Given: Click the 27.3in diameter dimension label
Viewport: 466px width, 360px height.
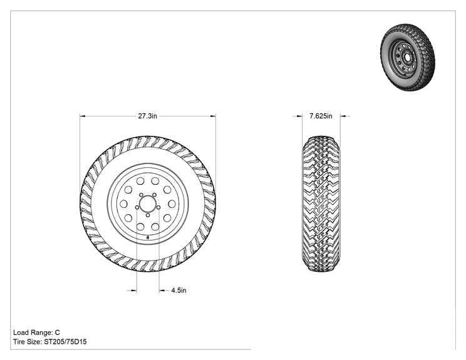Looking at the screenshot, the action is [147, 116].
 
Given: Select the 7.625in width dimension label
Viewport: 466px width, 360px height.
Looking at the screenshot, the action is [321, 116].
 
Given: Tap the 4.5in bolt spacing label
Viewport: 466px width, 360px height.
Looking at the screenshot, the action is [179, 291].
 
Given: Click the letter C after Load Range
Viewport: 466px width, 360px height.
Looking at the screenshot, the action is [58, 332].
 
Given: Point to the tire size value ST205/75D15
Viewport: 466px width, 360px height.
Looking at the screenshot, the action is [65, 342].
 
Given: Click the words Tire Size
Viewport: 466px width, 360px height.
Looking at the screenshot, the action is [26, 342].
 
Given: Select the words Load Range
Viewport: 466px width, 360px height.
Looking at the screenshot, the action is [32, 332].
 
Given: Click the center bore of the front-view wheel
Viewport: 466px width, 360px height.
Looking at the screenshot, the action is [148, 203].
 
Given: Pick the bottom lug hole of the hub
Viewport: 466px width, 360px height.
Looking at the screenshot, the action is [148, 215].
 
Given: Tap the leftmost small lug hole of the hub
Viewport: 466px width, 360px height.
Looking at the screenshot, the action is [137, 207].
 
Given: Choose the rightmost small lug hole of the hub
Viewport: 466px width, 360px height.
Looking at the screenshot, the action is [158, 207].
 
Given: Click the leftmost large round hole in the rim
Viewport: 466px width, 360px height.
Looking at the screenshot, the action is [123, 203].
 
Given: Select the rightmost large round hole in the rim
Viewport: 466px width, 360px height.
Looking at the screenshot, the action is [172, 203].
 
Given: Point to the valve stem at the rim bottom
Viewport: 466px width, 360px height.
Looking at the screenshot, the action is [148, 237].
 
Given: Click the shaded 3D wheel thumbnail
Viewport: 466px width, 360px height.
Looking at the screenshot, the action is [408, 58].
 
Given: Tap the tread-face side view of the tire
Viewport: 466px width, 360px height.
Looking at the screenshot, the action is [321, 203].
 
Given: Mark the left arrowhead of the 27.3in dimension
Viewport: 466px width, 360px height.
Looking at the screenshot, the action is [82, 116].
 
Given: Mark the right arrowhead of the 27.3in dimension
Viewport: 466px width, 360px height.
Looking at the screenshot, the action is [213, 116].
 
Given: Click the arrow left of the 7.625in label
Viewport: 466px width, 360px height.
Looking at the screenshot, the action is [298, 116].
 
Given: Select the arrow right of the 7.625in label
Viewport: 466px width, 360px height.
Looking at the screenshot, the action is [345, 116].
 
